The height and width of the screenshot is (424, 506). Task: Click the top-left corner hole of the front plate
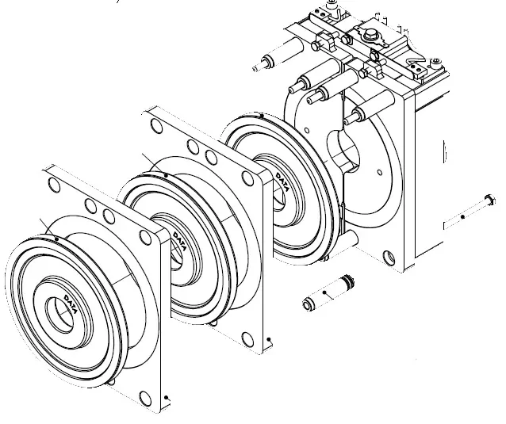point(55,186)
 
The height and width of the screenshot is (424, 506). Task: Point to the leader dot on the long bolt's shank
point(462,216)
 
